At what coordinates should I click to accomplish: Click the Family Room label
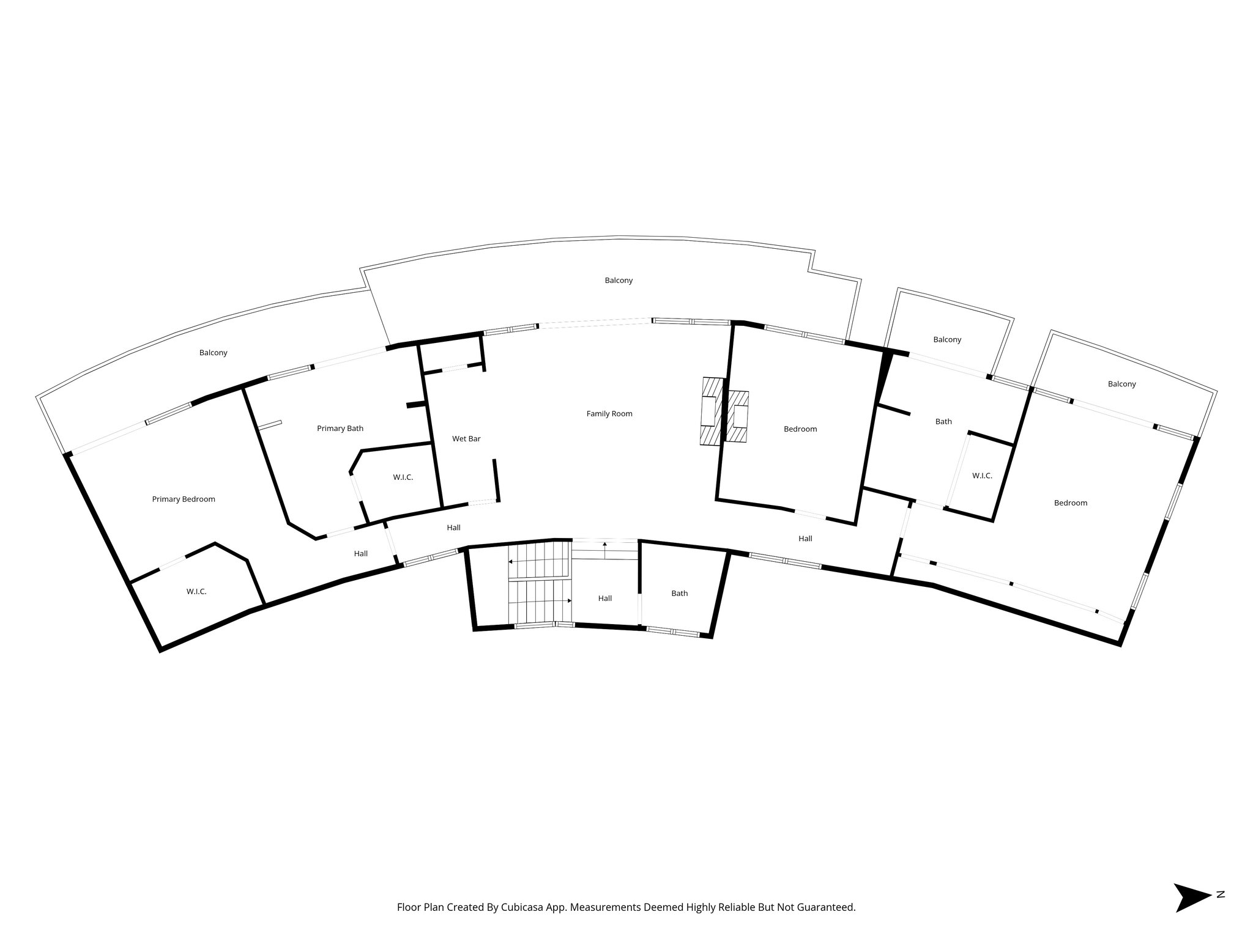pyautogui.click(x=609, y=414)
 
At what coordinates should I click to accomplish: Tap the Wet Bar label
pyautogui.click(x=466, y=439)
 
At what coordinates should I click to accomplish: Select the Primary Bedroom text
pyautogui.click(x=184, y=499)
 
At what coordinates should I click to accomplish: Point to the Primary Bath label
pyautogui.click(x=340, y=429)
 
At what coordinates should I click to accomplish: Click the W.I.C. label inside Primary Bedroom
pyautogui.click(x=196, y=592)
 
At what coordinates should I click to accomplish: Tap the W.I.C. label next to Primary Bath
pyautogui.click(x=403, y=477)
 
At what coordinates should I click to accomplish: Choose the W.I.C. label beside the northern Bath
pyautogui.click(x=982, y=476)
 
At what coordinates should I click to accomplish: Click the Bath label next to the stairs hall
pyautogui.click(x=680, y=594)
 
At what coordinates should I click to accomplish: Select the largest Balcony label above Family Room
pyautogui.click(x=619, y=281)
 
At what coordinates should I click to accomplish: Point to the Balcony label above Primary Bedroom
pyautogui.click(x=214, y=353)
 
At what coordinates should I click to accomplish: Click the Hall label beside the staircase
pyautogui.click(x=605, y=598)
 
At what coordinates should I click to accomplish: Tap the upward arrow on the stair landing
pyautogui.click(x=605, y=546)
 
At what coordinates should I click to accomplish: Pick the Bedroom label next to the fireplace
pyautogui.click(x=800, y=429)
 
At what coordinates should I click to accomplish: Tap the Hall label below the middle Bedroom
pyautogui.click(x=805, y=539)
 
